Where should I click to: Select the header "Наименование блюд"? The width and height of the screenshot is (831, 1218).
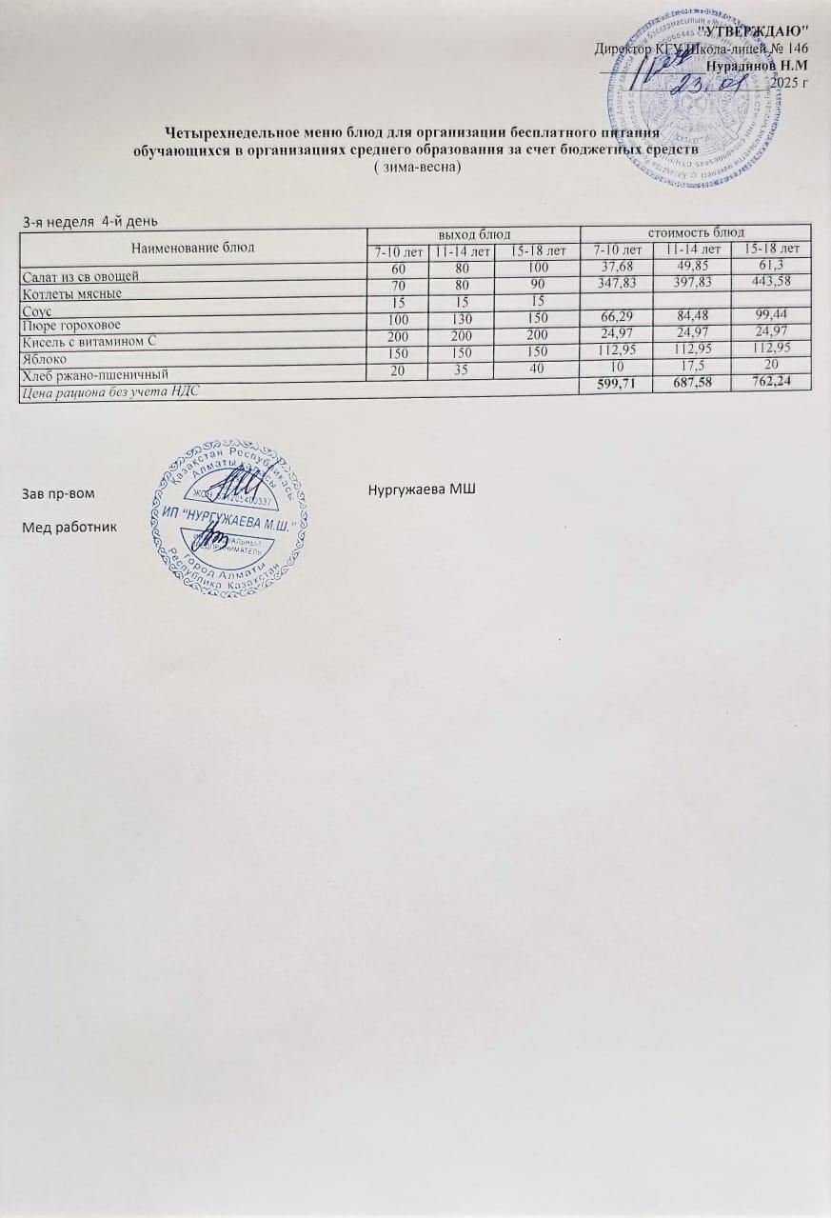[193, 247]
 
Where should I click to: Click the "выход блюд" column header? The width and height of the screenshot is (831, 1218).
[473, 233]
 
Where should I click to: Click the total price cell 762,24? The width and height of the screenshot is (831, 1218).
[777, 383]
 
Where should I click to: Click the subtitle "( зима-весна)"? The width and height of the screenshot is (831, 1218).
[418, 167]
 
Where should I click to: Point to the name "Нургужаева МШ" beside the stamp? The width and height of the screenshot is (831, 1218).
[421, 489]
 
